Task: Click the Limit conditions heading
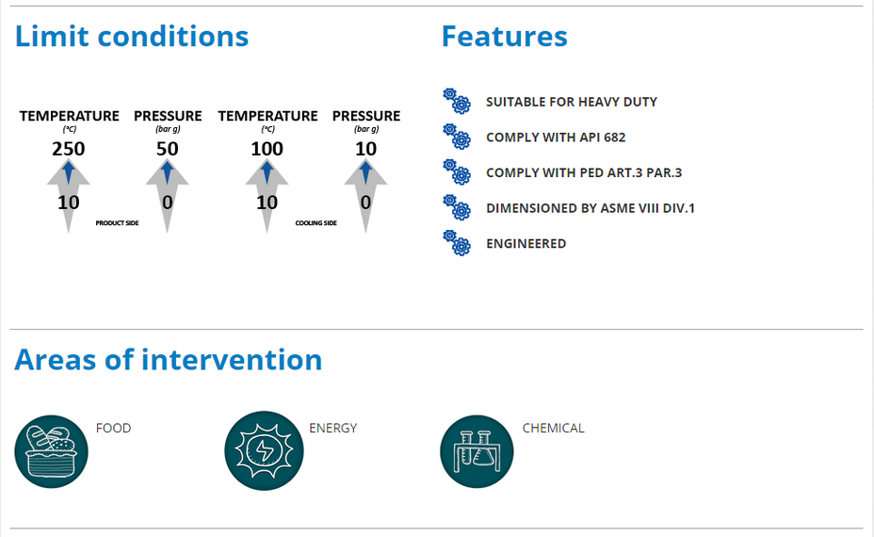tap(132, 37)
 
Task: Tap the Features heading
tap(505, 37)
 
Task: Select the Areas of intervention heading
tap(169, 360)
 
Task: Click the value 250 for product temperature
tap(69, 149)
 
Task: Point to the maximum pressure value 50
tap(168, 149)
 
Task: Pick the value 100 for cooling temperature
tap(267, 149)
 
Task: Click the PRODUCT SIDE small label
tap(117, 223)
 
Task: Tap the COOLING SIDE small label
tap(316, 223)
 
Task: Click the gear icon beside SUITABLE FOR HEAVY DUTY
tap(457, 101)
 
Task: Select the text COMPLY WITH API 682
tap(556, 138)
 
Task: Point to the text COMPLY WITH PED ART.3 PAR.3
tap(584, 172)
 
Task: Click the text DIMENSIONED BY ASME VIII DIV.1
tap(591, 208)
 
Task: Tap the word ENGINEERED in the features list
tap(526, 244)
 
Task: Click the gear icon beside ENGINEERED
tap(457, 242)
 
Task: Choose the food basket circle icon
tap(51, 451)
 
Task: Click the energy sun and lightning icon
tap(265, 450)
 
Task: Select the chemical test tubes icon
tap(477, 451)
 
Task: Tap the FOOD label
tap(114, 428)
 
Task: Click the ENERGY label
tap(332, 428)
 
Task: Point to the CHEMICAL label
tap(553, 428)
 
